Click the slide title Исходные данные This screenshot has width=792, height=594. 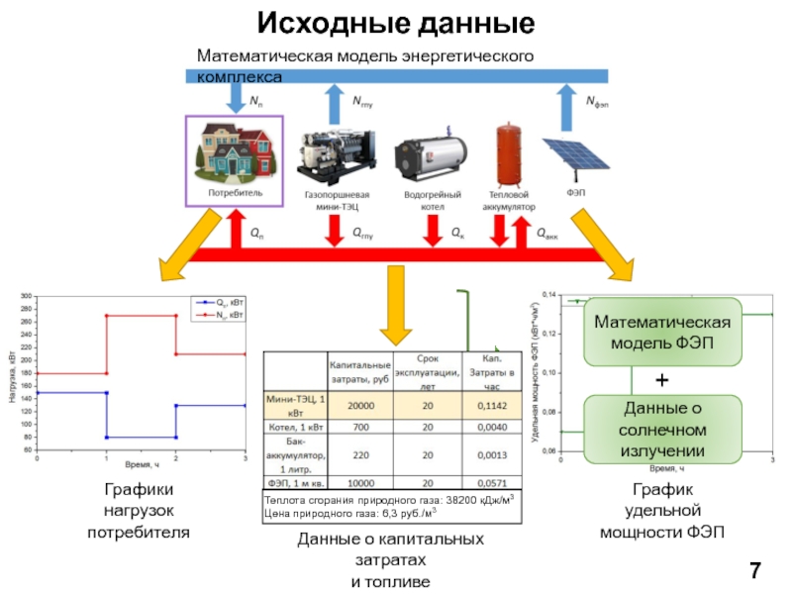tap(396, 23)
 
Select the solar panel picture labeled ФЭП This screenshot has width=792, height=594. tap(577, 159)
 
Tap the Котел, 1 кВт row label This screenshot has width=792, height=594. tap(295, 427)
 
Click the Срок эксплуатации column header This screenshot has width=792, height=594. tap(427, 371)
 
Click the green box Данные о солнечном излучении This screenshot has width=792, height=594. tap(661, 430)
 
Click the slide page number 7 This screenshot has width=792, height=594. tap(755, 570)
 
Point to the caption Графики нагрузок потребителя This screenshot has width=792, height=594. tap(138, 511)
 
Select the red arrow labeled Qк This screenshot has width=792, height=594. tap(432, 233)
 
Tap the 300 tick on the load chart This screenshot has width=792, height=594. tap(27, 296)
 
